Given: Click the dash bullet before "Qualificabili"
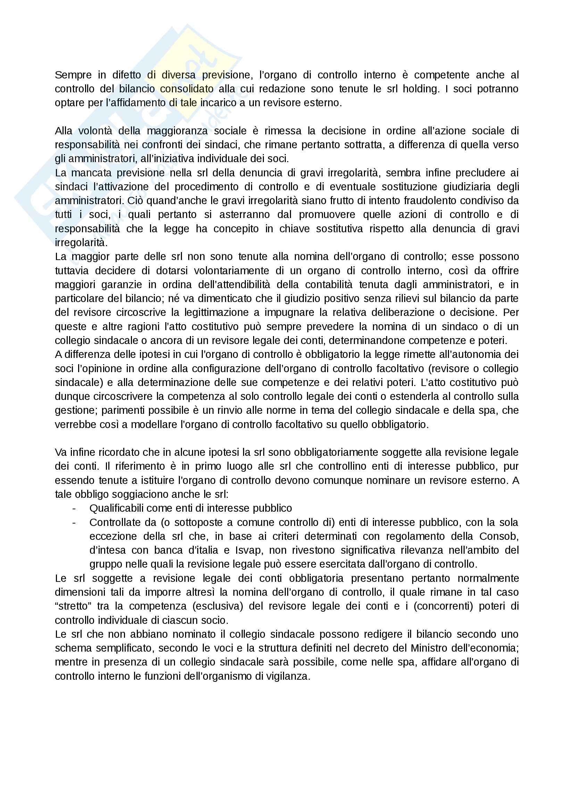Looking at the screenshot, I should click(x=74, y=509).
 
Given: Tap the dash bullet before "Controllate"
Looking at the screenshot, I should click(x=74, y=522).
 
